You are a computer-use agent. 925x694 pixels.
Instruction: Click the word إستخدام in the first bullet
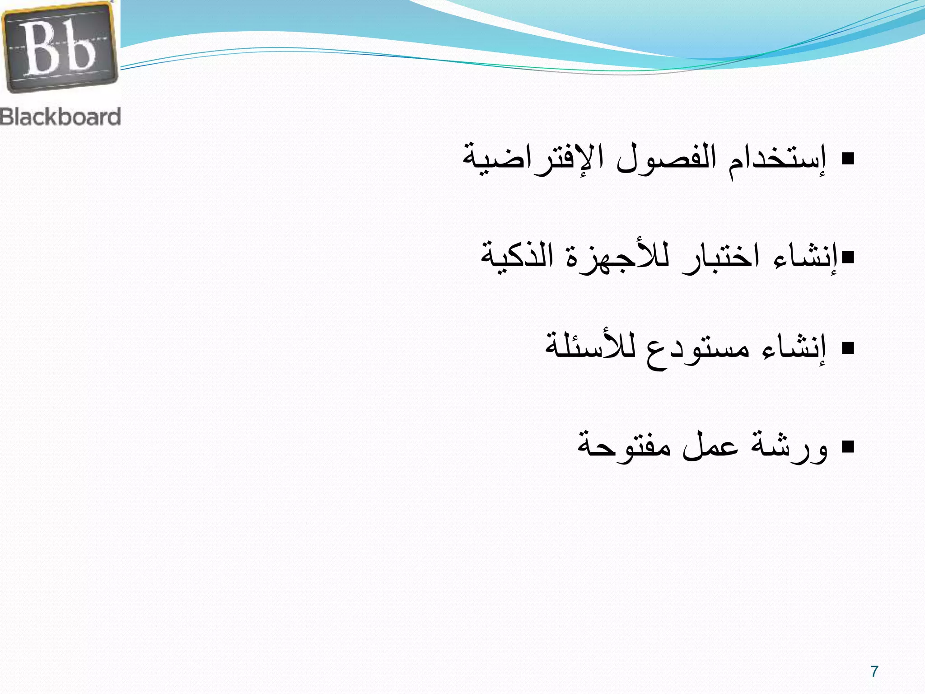pyautogui.click(x=777, y=161)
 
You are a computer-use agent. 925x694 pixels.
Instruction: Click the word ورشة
pyautogui.click(x=790, y=447)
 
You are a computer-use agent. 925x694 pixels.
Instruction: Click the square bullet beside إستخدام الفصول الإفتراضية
pyautogui.click(x=848, y=159)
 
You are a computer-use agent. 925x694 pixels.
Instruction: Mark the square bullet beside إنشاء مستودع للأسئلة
pyautogui.click(x=848, y=348)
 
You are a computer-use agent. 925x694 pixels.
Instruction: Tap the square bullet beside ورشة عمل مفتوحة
pyautogui.click(x=848, y=447)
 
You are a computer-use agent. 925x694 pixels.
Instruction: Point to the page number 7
pyautogui.click(x=874, y=671)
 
